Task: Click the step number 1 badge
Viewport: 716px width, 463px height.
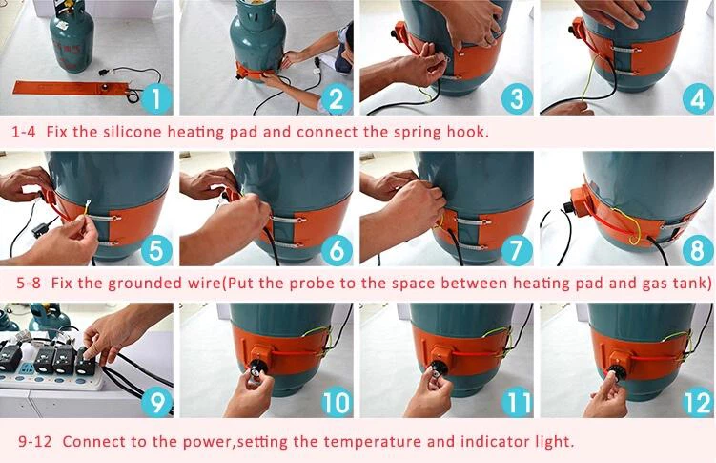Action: pyautogui.click(x=156, y=98)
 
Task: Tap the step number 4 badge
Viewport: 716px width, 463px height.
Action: pyautogui.click(x=698, y=98)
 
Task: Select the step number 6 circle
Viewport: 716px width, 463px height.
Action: pyautogui.click(x=337, y=250)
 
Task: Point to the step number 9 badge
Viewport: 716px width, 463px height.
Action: pyautogui.click(x=156, y=402)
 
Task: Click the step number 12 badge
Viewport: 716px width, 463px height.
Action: pyautogui.click(x=698, y=402)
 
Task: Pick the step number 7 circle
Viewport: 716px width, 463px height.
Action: pyautogui.click(x=517, y=250)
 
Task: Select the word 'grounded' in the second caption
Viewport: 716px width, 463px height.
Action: pyautogui.click(x=149, y=284)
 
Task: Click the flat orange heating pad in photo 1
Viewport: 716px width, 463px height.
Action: pyautogui.click(x=69, y=87)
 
